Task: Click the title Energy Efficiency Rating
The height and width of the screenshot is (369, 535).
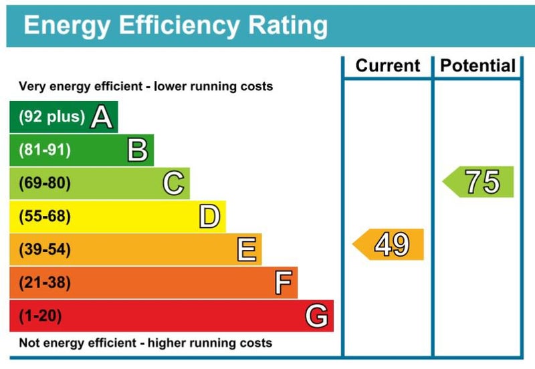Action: [x=176, y=25]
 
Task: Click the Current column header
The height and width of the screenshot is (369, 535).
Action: [x=388, y=66]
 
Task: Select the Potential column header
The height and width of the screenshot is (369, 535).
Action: [x=477, y=66]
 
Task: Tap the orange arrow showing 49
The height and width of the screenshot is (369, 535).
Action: [x=389, y=245]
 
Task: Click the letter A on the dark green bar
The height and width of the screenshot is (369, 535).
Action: [x=101, y=117]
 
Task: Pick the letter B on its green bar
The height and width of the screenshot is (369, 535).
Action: [x=138, y=150]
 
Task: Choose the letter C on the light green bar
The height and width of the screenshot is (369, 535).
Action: [x=174, y=183]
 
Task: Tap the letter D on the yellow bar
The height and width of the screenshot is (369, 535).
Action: [x=209, y=217]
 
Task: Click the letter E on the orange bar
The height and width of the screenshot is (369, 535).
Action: [x=246, y=250]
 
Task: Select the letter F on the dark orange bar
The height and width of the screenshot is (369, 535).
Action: [x=283, y=283]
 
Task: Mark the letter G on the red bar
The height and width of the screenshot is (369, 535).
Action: [x=316, y=316]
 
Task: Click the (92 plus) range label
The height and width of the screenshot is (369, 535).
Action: [x=51, y=117]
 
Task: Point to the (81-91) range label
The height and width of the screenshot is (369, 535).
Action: [x=44, y=150]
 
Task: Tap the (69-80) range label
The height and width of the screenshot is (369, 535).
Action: [x=44, y=183]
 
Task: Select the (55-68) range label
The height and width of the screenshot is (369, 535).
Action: [x=44, y=217]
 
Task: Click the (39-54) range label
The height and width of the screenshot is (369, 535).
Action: [x=44, y=250]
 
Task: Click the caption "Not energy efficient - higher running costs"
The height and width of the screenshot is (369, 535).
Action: [x=145, y=343]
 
